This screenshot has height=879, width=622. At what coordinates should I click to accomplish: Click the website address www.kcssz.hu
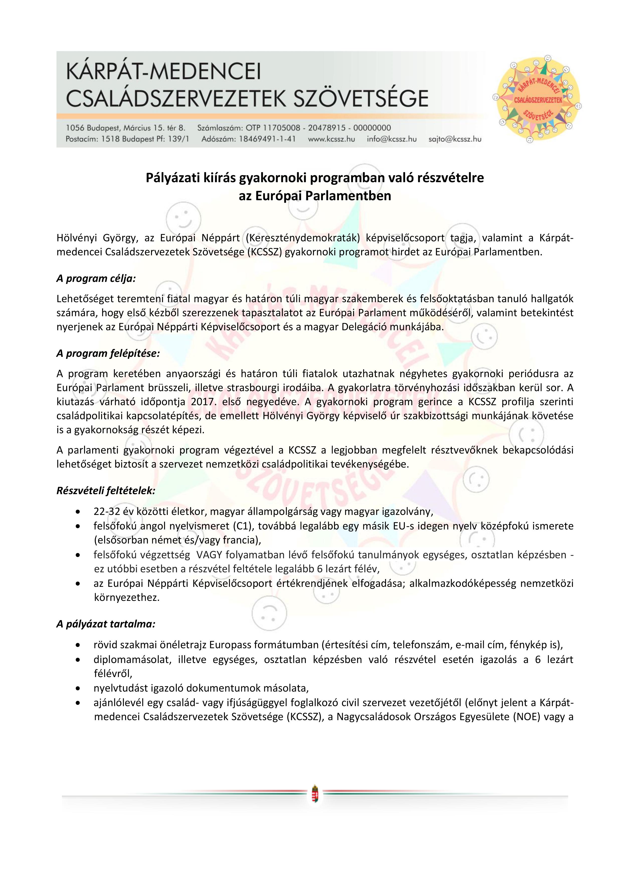pyautogui.click(x=332, y=139)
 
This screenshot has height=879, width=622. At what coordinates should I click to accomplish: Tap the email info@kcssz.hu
pyautogui.click(x=391, y=139)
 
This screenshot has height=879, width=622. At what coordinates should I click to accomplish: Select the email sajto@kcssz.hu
pyautogui.click(x=455, y=139)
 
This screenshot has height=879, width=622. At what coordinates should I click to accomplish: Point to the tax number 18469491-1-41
pyautogui.click(x=267, y=139)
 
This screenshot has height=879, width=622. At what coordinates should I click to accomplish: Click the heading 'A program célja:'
pyautogui.click(x=96, y=278)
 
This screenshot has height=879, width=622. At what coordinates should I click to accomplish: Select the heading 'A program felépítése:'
pyautogui.click(x=108, y=353)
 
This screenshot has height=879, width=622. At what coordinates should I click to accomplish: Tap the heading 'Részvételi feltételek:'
pyautogui.click(x=106, y=491)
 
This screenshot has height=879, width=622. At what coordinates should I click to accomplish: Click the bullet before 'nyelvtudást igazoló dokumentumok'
pyautogui.click(x=78, y=688)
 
